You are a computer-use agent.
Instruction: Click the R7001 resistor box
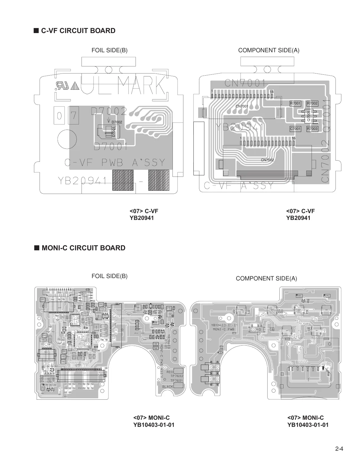pyautogui.click(x=295, y=103)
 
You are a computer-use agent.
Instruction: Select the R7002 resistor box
pyautogui.click(x=312, y=103)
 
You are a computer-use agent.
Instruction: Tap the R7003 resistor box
pyautogui.click(x=312, y=129)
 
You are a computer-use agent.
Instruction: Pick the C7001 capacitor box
pyautogui.click(x=295, y=129)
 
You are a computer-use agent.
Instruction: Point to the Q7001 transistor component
pyautogui.click(x=309, y=116)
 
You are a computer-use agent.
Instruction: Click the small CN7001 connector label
pyautogui.click(x=242, y=106)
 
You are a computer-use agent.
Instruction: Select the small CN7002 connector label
pyautogui.click(x=267, y=160)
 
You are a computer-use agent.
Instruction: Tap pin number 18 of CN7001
pyautogui.click(x=271, y=92)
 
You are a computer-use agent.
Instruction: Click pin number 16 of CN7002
pyautogui.click(x=294, y=138)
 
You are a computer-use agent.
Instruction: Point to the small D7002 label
pyautogui.click(x=117, y=122)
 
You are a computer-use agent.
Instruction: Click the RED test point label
pyautogui.click(x=170, y=372)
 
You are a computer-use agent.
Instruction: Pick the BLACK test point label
pyautogui.click(x=167, y=387)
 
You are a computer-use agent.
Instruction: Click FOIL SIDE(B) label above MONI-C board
pyautogui.click(x=110, y=276)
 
